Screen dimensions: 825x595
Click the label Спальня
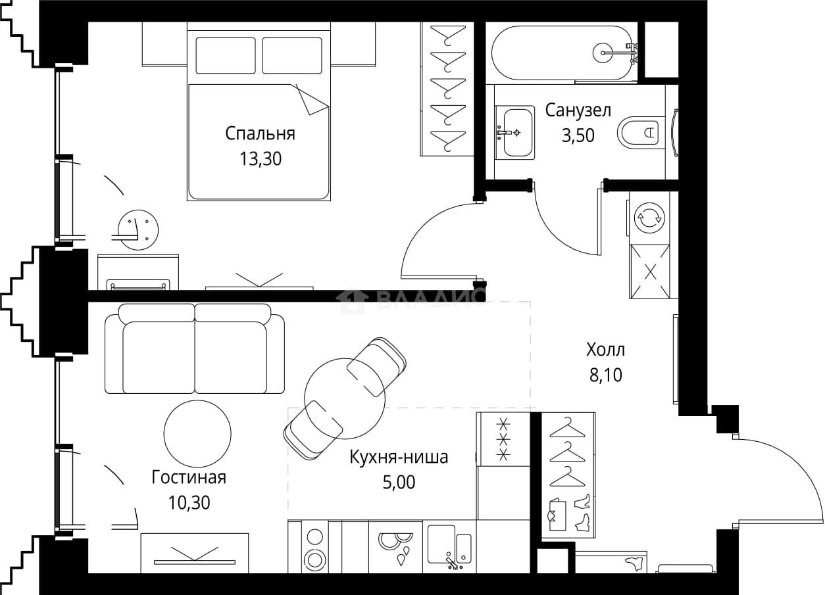click(x=260, y=133)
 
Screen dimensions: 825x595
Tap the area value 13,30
click(x=261, y=159)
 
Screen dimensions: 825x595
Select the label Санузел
click(x=578, y=110)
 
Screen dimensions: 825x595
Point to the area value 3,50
click(x=578, y=135)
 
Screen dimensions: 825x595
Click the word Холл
click(x=605, y=350)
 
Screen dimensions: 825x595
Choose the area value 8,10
click(x=605, y=375)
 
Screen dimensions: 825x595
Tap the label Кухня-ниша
click(x=399, y=457)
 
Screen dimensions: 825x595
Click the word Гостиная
click(x=189, y=477)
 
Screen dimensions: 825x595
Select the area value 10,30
click(x=189, y=503)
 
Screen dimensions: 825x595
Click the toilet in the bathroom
click(x=641, y=132)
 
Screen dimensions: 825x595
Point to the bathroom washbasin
click(x=515, y=132)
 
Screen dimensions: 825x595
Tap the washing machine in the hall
click(x=649, y=218)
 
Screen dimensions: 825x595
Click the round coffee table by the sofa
click(x=197, y=434)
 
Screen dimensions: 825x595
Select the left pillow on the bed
click(x=226, y=56)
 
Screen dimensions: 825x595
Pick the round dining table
click(x=345, y=398)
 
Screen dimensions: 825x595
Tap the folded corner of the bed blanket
click(x=312, y=99)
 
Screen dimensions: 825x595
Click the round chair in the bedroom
click(x=137, y=229)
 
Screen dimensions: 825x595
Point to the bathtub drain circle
click(x=603, y=53)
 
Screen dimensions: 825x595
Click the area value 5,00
click(x=399, y=483)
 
